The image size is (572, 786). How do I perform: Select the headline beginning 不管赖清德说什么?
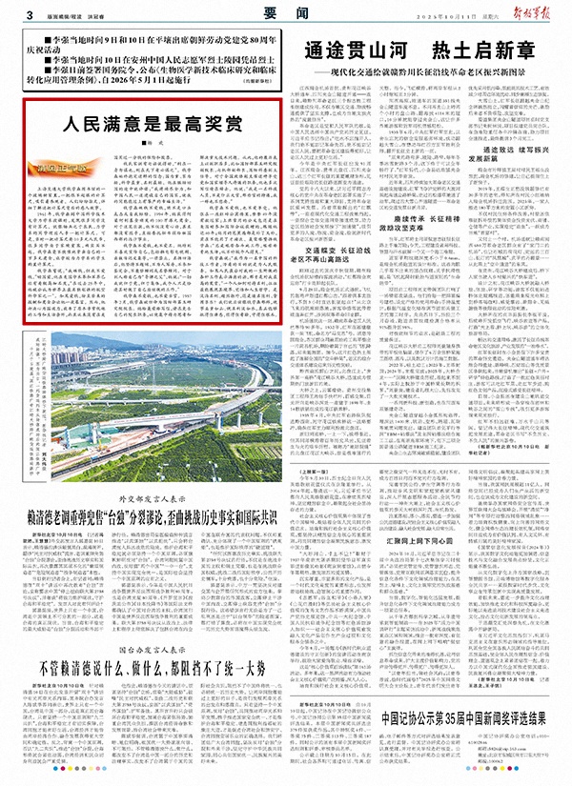point(146,670)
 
